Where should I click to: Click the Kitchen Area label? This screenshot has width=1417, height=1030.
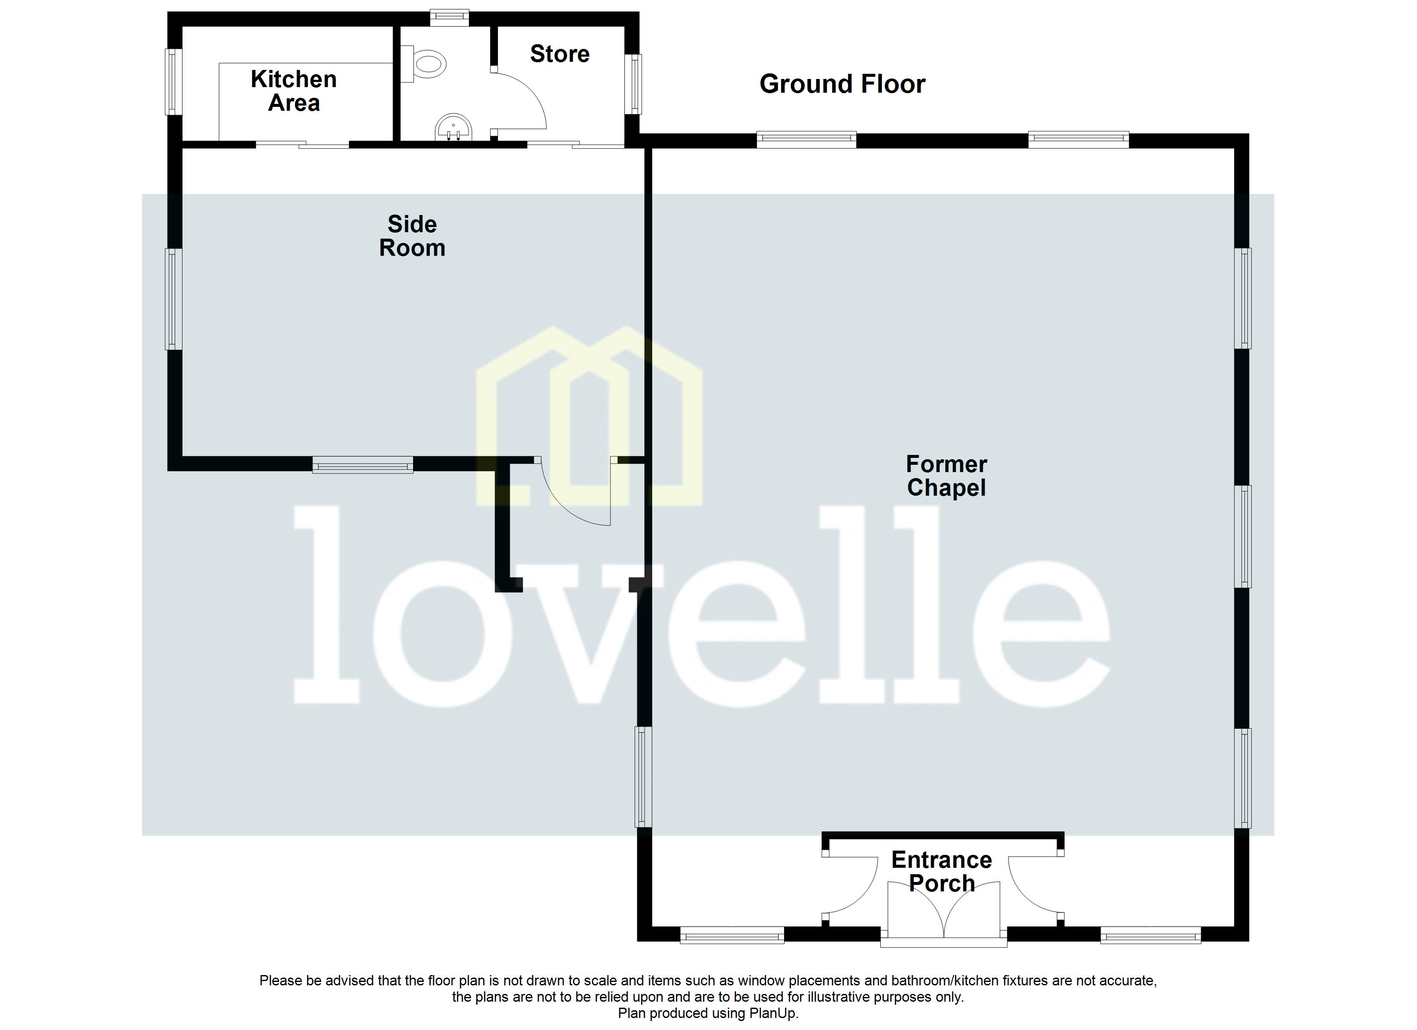tap(294, 91)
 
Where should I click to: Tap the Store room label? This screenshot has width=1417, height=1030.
tap(559, 55)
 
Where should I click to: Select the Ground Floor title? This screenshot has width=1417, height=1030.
tap(842, 84)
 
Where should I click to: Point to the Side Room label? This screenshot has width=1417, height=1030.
tap(412, 236)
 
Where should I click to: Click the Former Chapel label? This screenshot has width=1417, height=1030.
tap(946, 476)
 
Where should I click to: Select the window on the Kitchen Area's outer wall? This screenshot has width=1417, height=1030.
tap(173, 82)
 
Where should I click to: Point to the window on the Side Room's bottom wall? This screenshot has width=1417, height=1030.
tap(362, 464)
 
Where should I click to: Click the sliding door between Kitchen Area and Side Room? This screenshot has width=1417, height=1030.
tap(302, 144)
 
